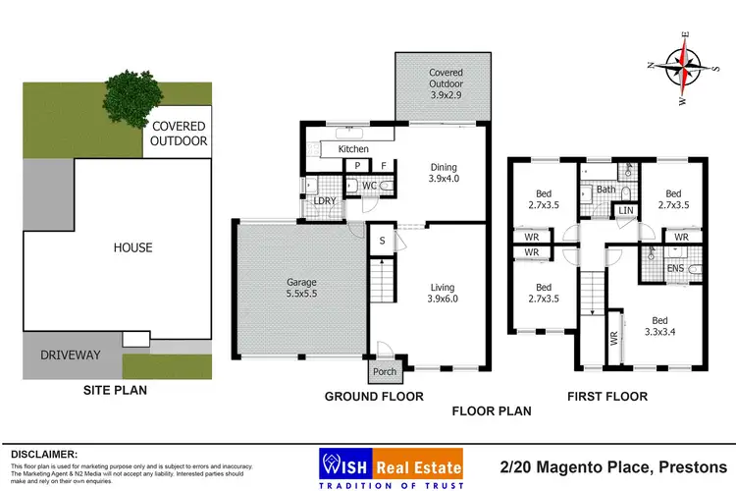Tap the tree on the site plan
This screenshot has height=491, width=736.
[126, 94]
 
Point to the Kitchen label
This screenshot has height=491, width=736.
[353, 149]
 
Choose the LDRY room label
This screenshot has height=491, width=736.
[325, 201]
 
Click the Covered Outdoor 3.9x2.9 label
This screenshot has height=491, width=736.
[446, 80]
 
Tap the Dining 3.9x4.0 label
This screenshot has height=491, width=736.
[446, 173]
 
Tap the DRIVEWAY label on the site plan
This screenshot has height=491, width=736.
[70, 355]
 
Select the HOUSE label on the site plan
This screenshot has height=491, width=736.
[132, 247]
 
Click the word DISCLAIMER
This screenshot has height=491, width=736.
[45, 454]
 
